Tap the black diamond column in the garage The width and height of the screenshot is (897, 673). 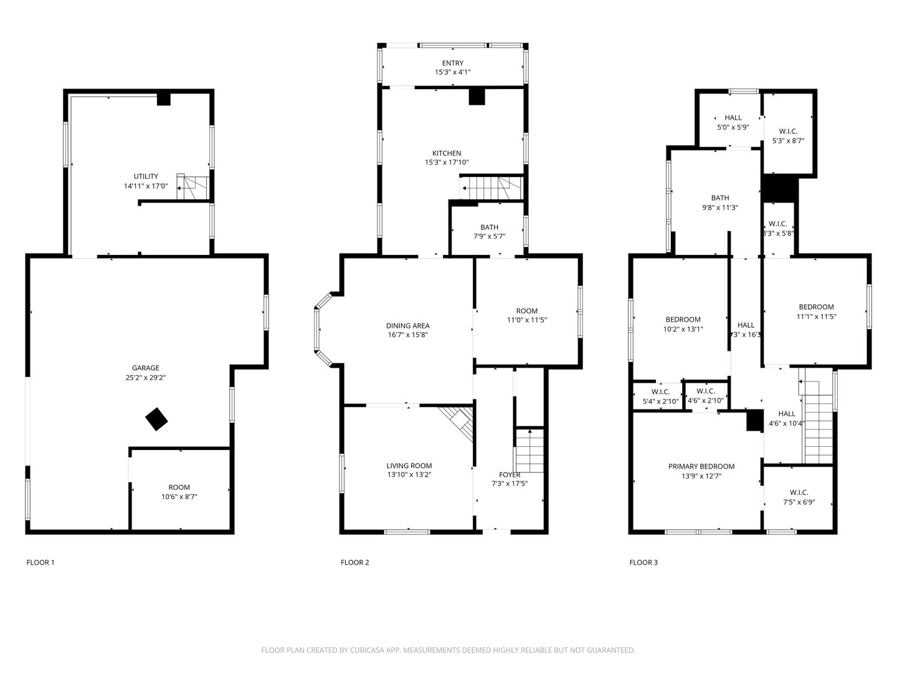tap(156, 419)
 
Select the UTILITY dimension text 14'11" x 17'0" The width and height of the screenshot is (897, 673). tap(146, 186)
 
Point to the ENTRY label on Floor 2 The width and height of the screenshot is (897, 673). tap(453, 63)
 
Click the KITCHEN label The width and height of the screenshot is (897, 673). tap(447, 153)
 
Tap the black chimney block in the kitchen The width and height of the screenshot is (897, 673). tap(477, 96)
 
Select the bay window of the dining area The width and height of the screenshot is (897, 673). tap(320, 329)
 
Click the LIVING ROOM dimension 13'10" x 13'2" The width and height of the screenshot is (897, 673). tap(409, 475)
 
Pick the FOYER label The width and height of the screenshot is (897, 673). tap(510, 475)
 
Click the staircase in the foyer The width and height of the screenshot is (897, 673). tap(530, 451)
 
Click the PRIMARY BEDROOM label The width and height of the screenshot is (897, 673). tap(701, 466)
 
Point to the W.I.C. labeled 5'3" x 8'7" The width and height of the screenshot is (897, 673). tap(788, 136)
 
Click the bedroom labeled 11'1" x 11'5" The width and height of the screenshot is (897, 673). tap(816, 312)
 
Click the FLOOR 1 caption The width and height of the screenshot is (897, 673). tap(40, 563)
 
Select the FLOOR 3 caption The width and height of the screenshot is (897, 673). tap(643, 563)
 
